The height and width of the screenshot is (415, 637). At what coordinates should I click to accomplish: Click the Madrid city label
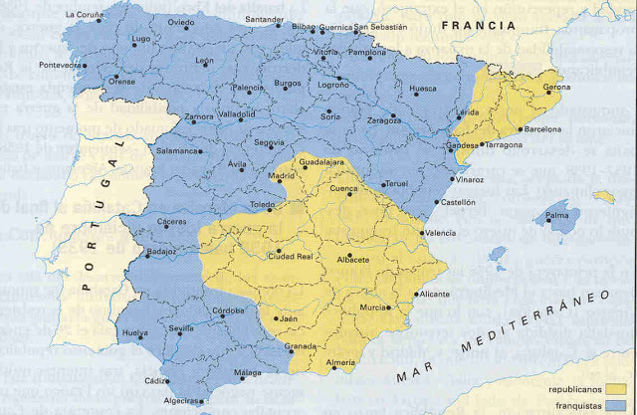click(x=254, y=176)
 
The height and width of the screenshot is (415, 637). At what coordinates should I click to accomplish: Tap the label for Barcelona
click(x=542, y=129)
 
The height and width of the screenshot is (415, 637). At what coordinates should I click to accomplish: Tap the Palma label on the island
click(x=556, y=214)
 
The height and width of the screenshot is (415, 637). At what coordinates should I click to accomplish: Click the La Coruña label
click(x=85, y=15)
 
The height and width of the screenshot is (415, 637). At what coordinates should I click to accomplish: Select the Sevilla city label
click(x=181, y=327)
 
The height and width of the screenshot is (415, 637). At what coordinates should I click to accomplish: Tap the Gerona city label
click(x=557, y=89)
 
